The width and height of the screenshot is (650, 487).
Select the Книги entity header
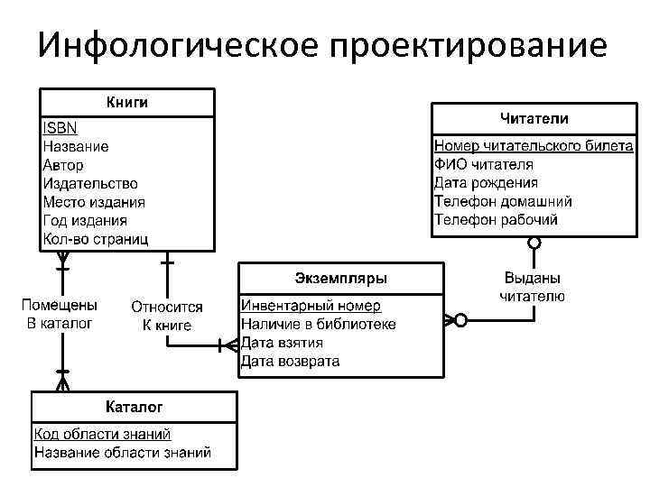coord(127,102)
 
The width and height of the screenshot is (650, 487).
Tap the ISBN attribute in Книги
coord(60,127)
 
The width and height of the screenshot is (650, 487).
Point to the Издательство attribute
coord(89,183)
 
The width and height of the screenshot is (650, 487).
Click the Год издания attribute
coord(85,220)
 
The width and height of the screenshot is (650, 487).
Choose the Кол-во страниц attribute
coord(96,239)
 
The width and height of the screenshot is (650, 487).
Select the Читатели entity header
coord(534,118)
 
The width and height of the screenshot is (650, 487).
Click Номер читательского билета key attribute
coord(534,146)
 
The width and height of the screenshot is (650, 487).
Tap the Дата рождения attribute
coord(498,183)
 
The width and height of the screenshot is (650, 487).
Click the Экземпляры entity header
coord(341,277)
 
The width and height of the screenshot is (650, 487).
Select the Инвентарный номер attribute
coord(311,306)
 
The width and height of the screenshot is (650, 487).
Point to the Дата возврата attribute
coord(291,362)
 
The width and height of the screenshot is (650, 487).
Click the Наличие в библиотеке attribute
coord(319,325)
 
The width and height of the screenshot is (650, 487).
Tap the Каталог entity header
coord(135,406)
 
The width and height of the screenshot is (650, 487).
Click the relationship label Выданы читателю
coord(533,287)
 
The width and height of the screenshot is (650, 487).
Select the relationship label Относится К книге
coord(167,316)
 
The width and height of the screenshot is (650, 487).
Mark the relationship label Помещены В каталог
coord(60,314)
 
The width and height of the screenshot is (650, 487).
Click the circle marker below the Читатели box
coord(534,243)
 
